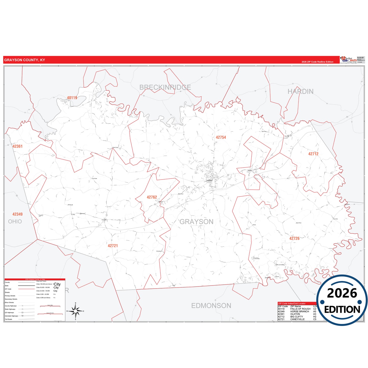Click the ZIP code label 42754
click(x=221, y=137)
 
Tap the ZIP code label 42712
click(x=313, y=154)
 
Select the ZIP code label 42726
click(x=294, y=238)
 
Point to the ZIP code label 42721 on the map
click(x=113, y=246)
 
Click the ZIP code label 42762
click(x=152, y=197)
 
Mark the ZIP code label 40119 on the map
click(x=72, y=98)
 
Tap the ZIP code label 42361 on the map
click(x=17, y=146)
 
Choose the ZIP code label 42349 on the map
click(x=17, y=214)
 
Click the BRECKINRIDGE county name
click(x=165, y=87)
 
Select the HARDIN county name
click(x=301, y=92)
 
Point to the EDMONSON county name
click(x=211, y=306)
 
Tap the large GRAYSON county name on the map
click(x=197, y=222)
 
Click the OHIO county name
click(x=15, y=222)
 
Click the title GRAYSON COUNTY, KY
click(x=24, y=60)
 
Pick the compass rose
click(x=75, y=311)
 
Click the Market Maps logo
click(x=348, y=60)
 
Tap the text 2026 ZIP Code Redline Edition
click(x=317, y=62)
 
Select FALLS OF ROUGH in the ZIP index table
click(x=300, y=309)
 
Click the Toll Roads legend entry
click(x=8, y=319)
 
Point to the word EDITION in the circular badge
click(x=342, y=309)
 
